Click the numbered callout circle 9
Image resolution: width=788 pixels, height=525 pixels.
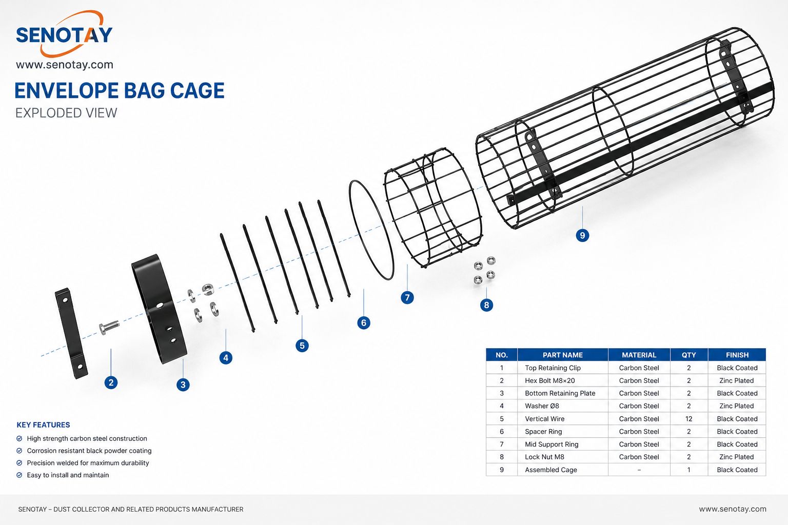tap(582, 235)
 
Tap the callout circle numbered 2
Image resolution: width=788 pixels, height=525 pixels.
tap(111, 382)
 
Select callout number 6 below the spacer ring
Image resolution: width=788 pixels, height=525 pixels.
tap(363, 323)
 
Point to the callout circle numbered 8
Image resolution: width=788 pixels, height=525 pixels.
tap(486, 305)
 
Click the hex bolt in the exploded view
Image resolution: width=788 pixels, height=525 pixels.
tap(109, 328)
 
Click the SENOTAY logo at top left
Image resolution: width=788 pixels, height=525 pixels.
tap(64, 34)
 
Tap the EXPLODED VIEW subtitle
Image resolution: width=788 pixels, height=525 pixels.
tap(66, 113)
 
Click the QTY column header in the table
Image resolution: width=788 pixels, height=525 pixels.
tap(689, 355)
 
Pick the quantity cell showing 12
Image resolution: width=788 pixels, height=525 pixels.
tap(689, 419)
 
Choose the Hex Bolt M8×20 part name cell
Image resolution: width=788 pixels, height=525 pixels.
tap(550, 380)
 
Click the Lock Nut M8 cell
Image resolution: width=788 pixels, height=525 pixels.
tap(544, 457)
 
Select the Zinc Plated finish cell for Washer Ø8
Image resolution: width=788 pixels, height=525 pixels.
tap(737, 406)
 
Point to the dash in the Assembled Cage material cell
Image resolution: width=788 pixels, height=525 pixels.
tap(639, 470)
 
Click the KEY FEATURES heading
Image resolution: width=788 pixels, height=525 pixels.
tap(43, 425)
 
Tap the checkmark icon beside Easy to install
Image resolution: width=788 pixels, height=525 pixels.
tap(19, 475)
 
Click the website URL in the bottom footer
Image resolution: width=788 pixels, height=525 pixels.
tap(733, 509)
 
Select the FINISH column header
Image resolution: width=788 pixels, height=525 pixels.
tap(737, 355)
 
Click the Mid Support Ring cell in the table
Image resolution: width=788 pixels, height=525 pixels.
tap(551, 444)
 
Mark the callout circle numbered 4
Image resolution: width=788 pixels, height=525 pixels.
tap(226, 358)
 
